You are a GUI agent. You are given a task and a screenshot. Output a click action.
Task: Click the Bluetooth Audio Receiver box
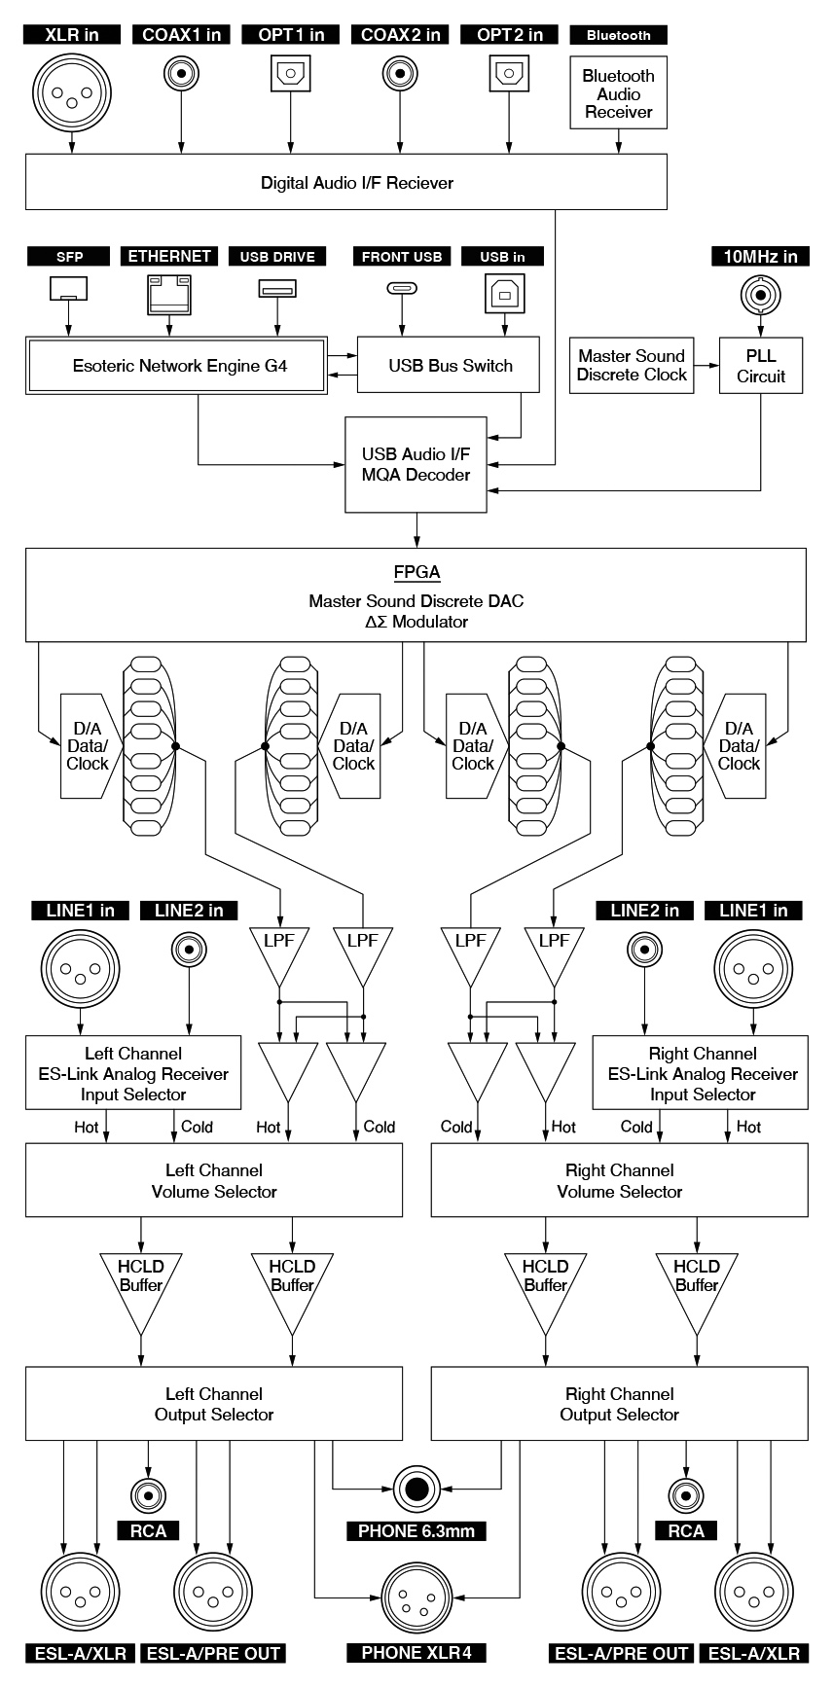pyautogui.click(x=618, y=93)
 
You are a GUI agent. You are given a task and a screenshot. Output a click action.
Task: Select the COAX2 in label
pyautogui.click(x=400, y=35)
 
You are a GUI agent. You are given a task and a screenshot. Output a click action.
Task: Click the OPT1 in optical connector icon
pyautogui.click(x=290, y=73)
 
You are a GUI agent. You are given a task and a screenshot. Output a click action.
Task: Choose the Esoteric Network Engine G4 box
pyautogui.click(x=176, y=366)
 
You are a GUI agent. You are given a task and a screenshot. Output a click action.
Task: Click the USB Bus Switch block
pyautogui.click(x=450, y=366)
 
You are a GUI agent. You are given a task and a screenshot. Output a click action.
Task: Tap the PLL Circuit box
pyautogui.click(x=761, y=366)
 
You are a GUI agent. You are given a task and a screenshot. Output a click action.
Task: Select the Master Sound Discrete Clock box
pyautogui.click(x=632, y=366)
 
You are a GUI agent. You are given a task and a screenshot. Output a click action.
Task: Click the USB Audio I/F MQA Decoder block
pyautogui.click(x=416, y=464)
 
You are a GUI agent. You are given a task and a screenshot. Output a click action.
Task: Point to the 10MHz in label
pyautogui.click(x=760, y=257)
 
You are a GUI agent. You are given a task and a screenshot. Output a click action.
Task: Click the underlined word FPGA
pyautogui.click(x=416, y=572)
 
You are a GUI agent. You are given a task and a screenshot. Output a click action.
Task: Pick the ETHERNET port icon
pyautogui.click(x=169, y=293)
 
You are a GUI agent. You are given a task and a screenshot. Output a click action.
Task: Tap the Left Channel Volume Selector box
pyautogui.click(x=213, y=1180)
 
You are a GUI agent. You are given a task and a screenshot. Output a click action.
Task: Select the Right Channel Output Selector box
pyautogui.click(x=619, y=1404)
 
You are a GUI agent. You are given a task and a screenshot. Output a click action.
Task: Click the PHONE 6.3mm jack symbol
pyautogui.click(x=416, y=1489)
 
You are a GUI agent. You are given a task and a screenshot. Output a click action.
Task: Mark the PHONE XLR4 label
pyautogui.click(x=416, y=1653)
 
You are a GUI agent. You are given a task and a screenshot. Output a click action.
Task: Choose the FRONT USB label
pyautogui.click(x=401, y=257)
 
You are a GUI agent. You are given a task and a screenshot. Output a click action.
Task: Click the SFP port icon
pyautogui.click(x=68, y=289)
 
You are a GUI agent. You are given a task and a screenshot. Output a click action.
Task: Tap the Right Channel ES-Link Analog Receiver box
pyautogui.click(x=701, y=1073)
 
